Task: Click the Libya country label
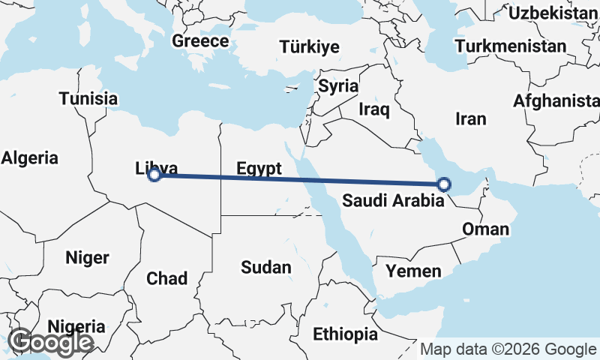coord(157,168)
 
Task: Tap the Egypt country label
coord(259,168)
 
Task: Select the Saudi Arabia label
coord(387,200)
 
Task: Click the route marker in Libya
coord(154,175)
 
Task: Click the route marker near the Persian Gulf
coord(444,184)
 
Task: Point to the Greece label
coord(200,40)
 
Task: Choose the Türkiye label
coord(309,47)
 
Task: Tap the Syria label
coord(338,85)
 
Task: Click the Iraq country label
coord(374,109)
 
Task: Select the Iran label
coord(471,118)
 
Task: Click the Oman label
coord(485,229)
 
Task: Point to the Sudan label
coord(266,267)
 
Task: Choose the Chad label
coord(166,279)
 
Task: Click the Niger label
coord(87,258)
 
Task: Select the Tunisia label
coord(88,98)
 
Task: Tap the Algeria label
coord(30,157)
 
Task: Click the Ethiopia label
coord(346,334)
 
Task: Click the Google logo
coord(50,343)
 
